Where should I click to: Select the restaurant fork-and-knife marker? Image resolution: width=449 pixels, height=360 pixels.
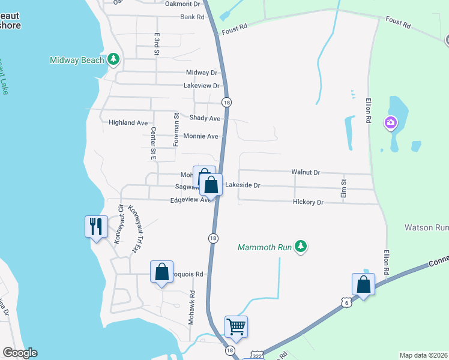click(x=96, y=226)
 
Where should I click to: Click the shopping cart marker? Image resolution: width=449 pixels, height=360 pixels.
click(x=236, y=327)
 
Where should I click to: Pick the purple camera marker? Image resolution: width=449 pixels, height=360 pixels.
click(x=391, y=123)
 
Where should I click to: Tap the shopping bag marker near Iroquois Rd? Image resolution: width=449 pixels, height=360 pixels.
click(x=162, y=272)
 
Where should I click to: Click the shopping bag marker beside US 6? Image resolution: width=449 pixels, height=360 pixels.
click(x=363, y=284)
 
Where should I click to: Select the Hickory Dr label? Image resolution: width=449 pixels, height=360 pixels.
click(x=309, y=203)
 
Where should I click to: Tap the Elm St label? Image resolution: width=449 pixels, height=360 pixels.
click(x=344, y=187)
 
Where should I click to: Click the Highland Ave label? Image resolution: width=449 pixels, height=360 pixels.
click(x=128, y=122)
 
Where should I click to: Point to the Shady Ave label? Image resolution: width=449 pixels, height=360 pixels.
click(x=205, y=118)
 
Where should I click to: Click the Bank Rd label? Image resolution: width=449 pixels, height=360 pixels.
click(x=192, y=17)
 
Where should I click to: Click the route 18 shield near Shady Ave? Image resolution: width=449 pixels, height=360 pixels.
click(x=226, y=103)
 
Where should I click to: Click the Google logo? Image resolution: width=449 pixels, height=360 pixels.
click(x=20, y=353)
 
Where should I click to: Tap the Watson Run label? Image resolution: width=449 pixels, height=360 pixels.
click(x=426, y=228)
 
